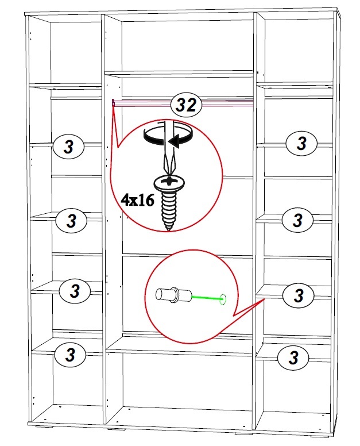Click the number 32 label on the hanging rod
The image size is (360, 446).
pos(186,105)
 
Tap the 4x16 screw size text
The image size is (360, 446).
pos(138,201)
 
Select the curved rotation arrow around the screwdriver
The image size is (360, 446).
pos(168,136)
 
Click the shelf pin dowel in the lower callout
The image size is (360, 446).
pos(173,295)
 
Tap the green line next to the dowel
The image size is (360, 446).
pos(207,298)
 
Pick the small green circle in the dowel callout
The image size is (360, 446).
pos(223,299)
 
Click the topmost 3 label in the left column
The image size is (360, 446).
pos(69,147)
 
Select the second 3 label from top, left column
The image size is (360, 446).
pos(72,221)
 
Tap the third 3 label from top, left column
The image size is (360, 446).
pos(75,291)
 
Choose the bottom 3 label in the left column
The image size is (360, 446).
pos(70,355)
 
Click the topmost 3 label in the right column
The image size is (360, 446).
pos(301,143)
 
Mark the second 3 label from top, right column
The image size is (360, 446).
pos(297,220)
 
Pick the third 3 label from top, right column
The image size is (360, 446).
pos(298,295)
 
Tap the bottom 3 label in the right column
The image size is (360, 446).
pos(293,357)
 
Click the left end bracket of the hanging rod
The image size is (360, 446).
pos(113,103)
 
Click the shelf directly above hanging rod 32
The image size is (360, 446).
pos(179,75)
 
